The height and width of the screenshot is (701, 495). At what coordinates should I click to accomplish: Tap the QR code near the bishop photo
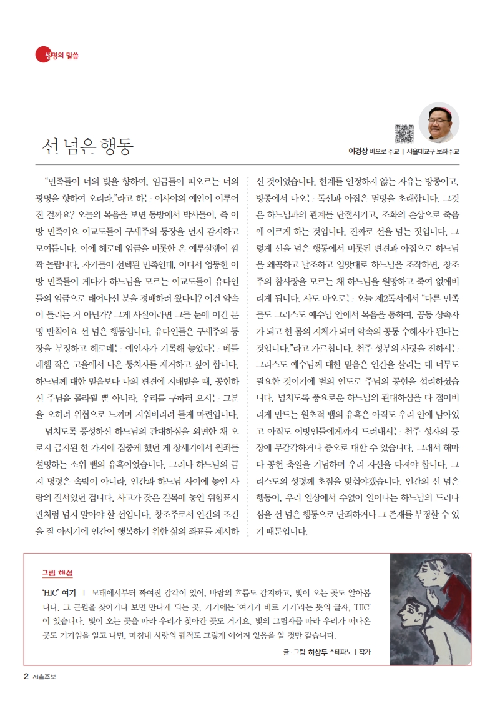(x=404, y=133)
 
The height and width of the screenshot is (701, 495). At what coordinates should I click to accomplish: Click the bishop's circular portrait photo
(x=438, y=123)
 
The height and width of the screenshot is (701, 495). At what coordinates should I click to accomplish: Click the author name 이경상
(x=358, y=151)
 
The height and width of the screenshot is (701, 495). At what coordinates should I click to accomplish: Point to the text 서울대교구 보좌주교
(x=432, y=151)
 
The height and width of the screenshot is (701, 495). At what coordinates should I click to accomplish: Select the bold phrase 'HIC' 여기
(x=58, y=590)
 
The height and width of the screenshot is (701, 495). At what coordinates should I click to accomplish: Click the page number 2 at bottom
(x=26, y=675)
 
